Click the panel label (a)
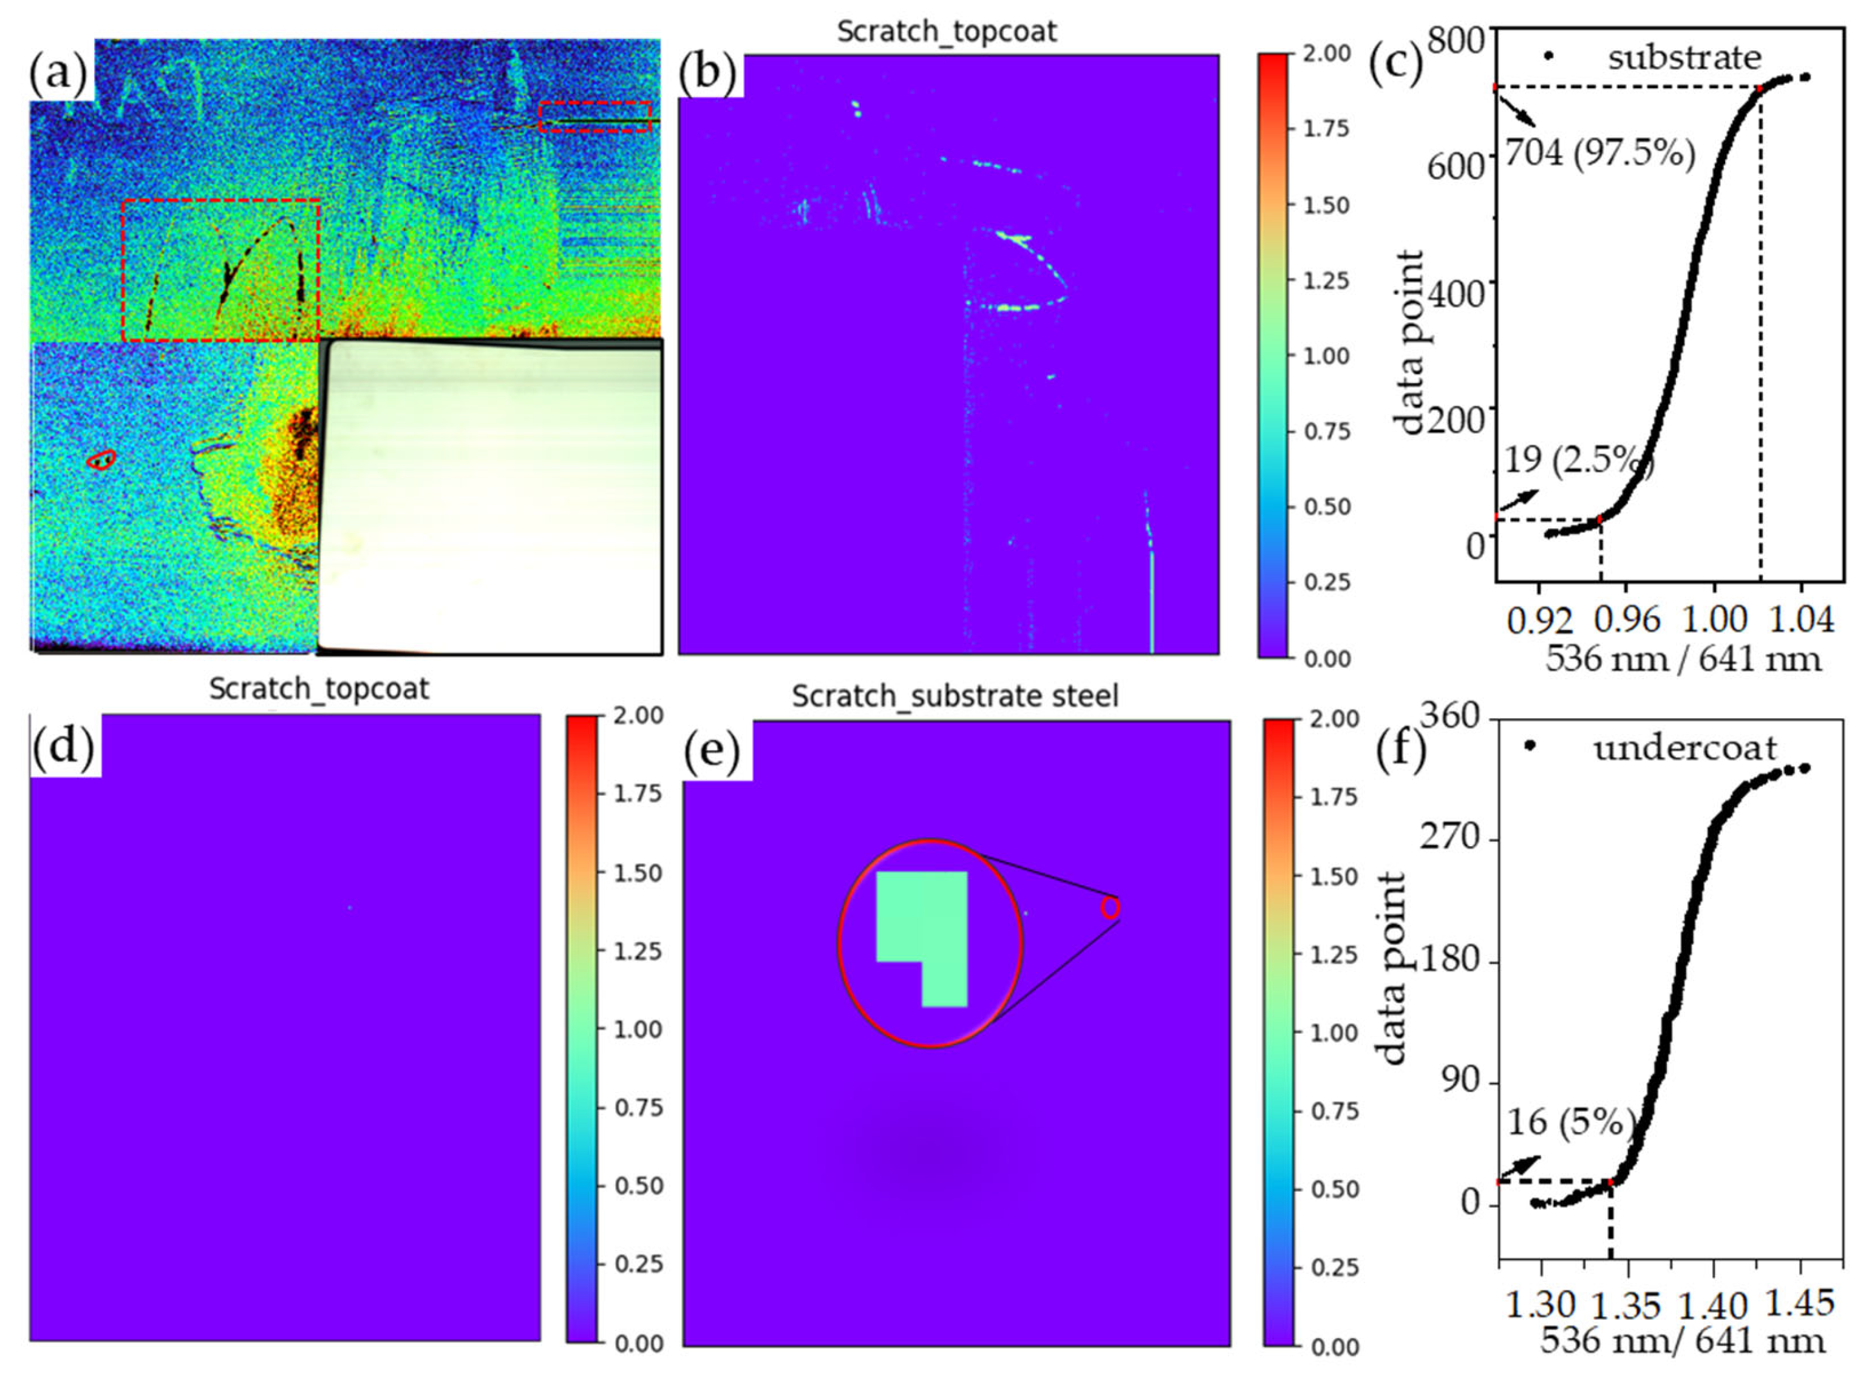click(58, 73)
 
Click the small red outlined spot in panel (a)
click(101, 459)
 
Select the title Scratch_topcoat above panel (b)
click(947, 32)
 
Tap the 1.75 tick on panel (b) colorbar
click(1327, 129)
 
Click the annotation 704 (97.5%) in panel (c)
click(1600, 153)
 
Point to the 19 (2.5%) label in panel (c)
click(1578, 460)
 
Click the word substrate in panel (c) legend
click(1684, 58)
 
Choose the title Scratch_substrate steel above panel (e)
click(955, 696)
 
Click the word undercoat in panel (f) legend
click(1684, 747)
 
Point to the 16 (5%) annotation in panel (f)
click(1570, 1122)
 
